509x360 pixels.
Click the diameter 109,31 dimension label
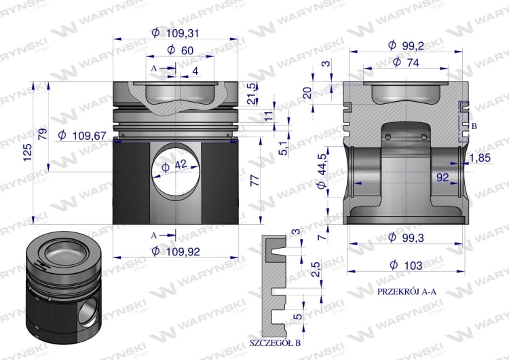point(175,33)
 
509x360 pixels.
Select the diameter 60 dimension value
point(180,50)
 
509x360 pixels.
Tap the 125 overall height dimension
point(28,152)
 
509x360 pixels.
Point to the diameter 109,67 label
point(82,135)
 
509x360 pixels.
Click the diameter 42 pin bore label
point(174,166)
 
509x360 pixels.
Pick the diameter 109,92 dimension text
point(176,251)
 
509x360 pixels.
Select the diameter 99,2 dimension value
point(406,46)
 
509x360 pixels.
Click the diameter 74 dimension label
point(406,62)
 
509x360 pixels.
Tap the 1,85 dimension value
point(480,158)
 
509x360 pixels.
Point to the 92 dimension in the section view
point(442,177)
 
